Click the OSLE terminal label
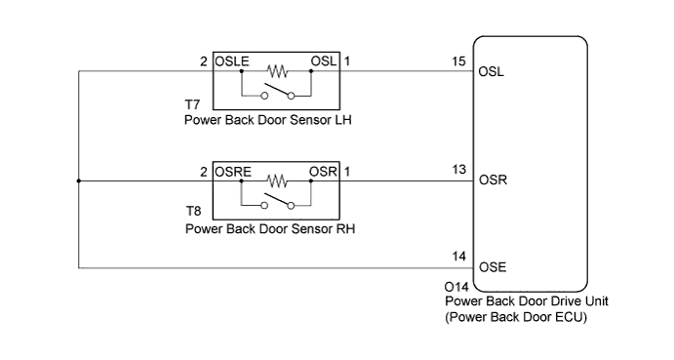(x=232, y=61)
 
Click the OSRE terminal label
(x=233, y=172)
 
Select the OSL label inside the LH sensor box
(x=323, y=61)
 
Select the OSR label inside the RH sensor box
(x=323, y=172)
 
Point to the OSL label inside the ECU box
(x=493, y=72)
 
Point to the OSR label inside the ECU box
(x=494, y=181)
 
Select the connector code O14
(x=456, y=287)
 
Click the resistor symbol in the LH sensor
(x=278, y=71)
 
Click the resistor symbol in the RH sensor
(x=278, y=180)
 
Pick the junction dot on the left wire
(x=78, y=180)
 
